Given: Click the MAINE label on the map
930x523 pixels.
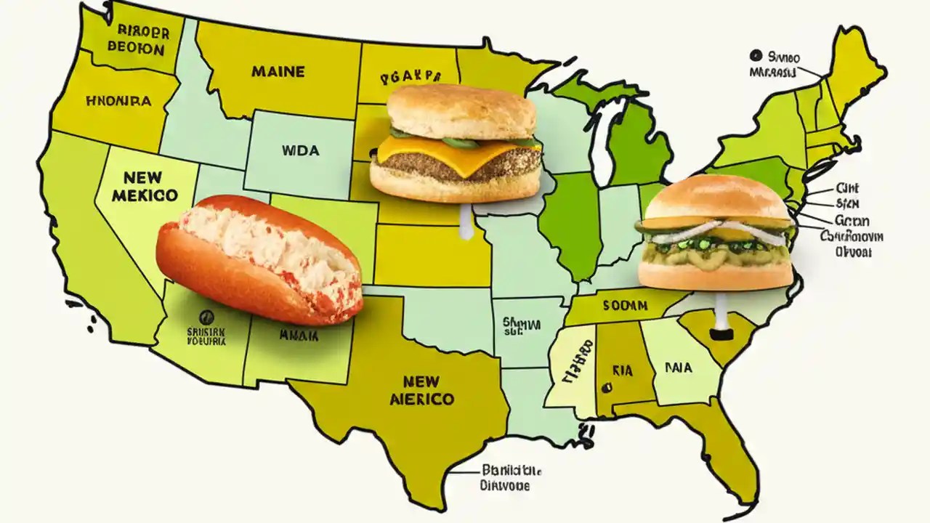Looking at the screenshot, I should tap(278, 72).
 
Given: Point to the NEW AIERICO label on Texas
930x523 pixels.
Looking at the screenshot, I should tap(422, 391).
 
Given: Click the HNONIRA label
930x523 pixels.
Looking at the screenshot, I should tap(118, 102).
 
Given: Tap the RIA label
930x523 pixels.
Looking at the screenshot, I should tap(623, 370).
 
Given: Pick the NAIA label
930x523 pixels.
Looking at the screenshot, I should tap(679, 368).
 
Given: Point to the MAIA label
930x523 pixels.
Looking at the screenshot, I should tap(299, 336).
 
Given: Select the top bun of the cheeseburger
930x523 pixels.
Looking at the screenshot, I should tap(461, 110).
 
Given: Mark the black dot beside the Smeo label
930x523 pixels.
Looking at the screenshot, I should tap(756, 55).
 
